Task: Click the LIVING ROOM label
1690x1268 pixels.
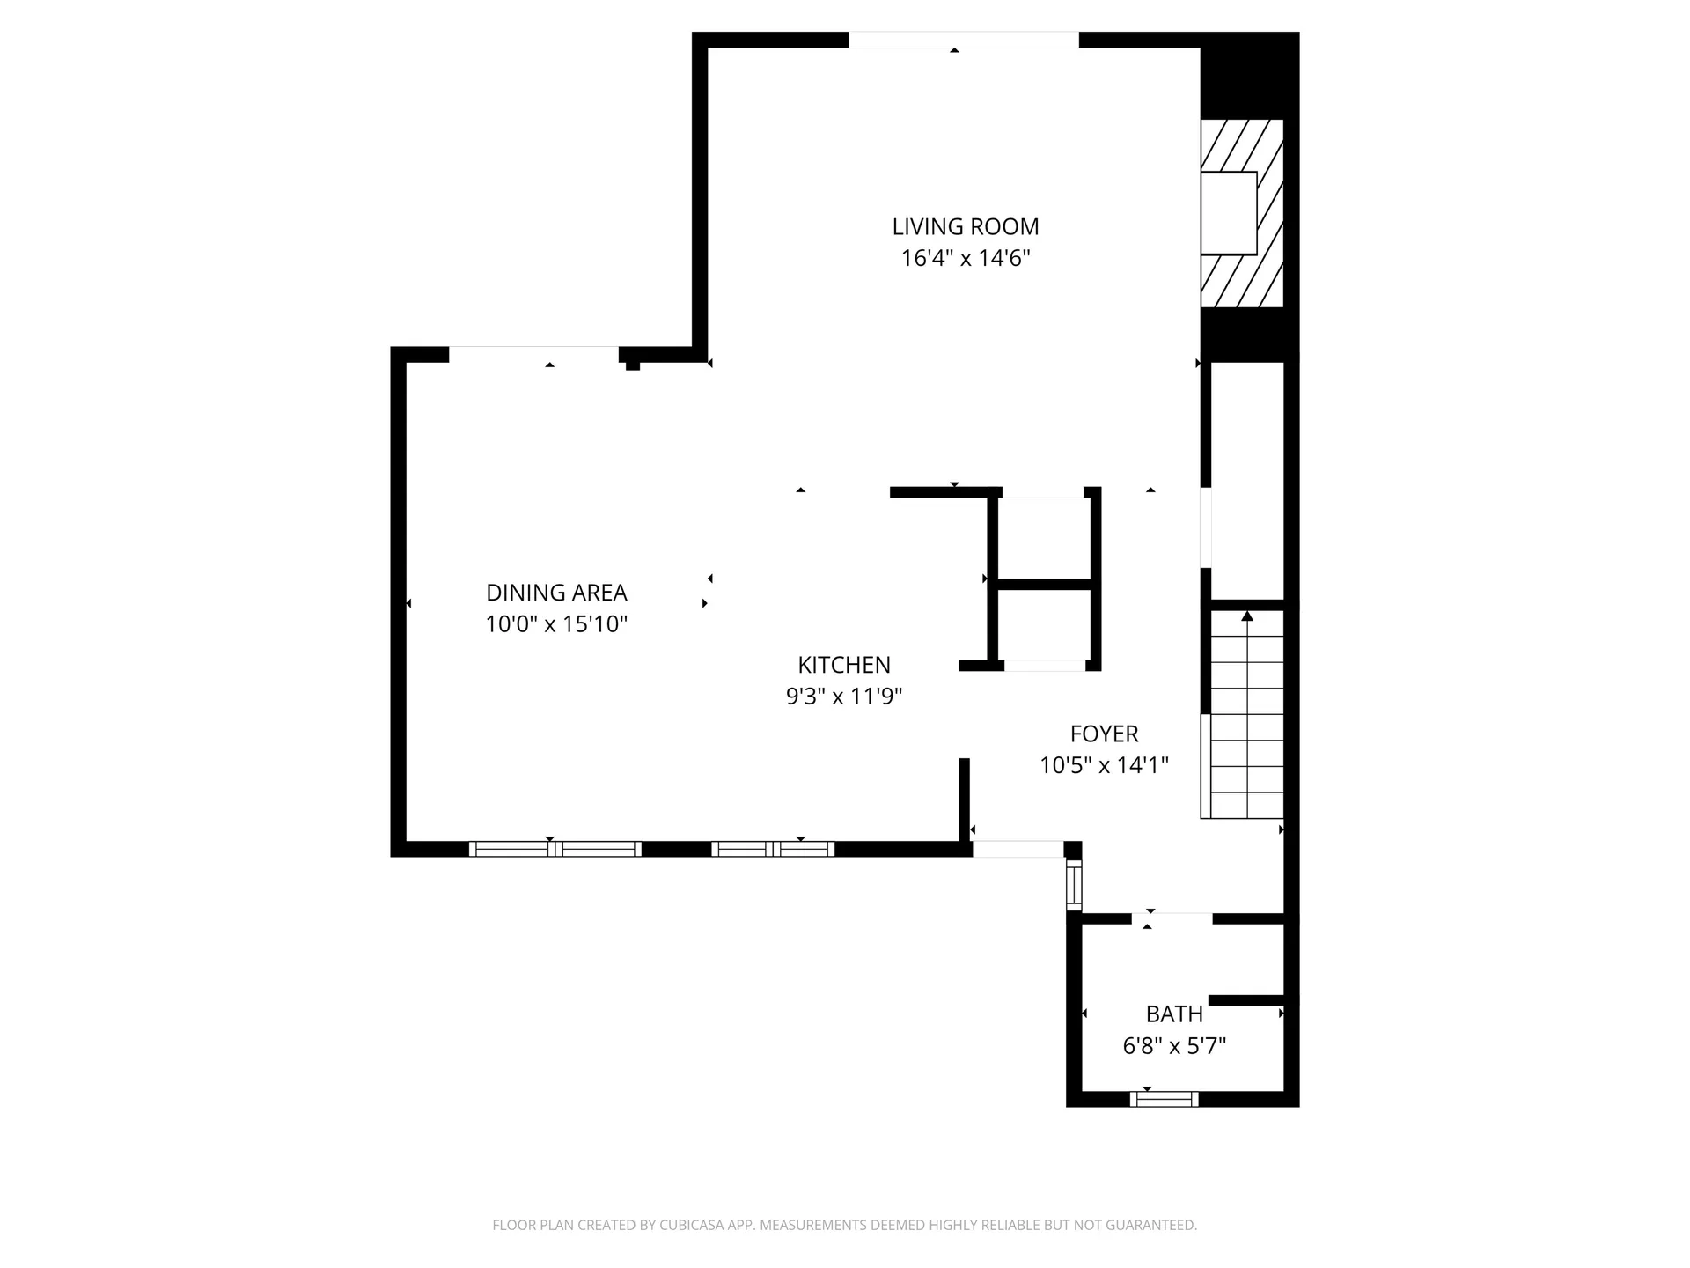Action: click(x=966, y=227)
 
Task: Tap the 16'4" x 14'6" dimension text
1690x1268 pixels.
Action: click(x=966, y=259)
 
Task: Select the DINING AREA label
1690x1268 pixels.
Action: click(x=556, y=593)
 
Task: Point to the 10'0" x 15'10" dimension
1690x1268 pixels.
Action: click(x=556, y=625)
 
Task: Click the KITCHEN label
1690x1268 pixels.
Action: click(x=844, y=665)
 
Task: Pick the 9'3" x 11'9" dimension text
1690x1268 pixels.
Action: click(x=844, y=697)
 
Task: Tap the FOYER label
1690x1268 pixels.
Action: click(x=1104, y=734)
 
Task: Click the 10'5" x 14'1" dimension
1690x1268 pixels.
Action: click(x=1104, y=765)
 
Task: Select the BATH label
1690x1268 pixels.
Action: click(x=1174, y=1014)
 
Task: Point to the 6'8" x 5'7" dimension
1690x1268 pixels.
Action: click(x=1174, y=1046)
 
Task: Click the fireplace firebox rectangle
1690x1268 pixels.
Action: click(x=1229, y=213)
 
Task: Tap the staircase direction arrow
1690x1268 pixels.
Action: click(x=1247, y=616)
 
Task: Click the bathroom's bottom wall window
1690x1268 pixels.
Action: click(x=1164, y=1099)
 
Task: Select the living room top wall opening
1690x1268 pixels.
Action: click(x=963, y=40)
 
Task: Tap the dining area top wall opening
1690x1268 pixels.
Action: click(x=533, y=354)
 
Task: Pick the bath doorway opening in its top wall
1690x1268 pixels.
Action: click(x=1172, y=918)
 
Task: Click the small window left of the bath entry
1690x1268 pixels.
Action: click(x=1073, y=884)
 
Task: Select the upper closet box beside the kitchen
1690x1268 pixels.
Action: click(x=1044, y=537)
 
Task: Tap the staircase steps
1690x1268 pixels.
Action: click(x=1247, y=722)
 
